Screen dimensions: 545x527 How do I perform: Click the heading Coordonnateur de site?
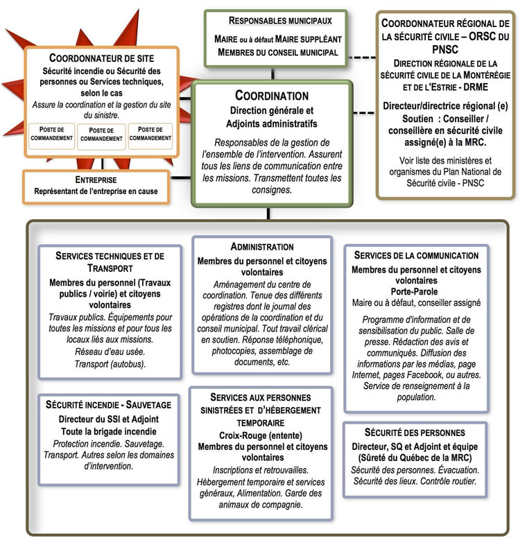tap(101, 58)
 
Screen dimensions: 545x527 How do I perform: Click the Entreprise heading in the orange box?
tap(96, 179)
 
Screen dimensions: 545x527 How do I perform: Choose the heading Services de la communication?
tap(416, 255)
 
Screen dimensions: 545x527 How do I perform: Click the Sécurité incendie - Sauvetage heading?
tap(109, 405)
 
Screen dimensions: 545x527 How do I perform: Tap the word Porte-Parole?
tap(415, 291)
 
